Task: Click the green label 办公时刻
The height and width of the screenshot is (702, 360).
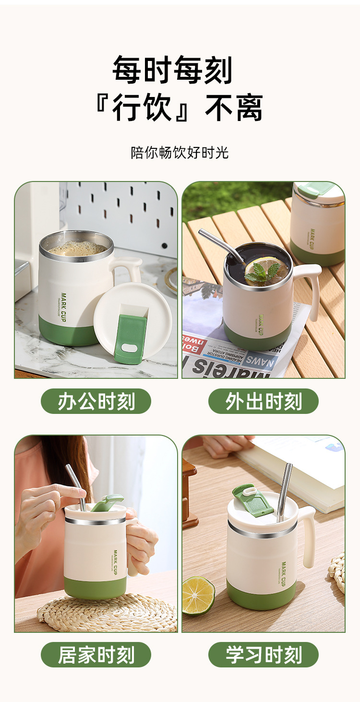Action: (x=96, y=401)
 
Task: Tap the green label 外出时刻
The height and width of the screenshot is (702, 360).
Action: (x=263, y=401)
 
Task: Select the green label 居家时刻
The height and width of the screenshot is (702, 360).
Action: (x=96, y=655)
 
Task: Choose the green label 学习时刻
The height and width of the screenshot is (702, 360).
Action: (x=263, y=655)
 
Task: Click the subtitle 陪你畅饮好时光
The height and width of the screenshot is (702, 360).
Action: (x=180, y=153)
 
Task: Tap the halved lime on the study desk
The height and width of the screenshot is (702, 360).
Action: (x=198, y=595)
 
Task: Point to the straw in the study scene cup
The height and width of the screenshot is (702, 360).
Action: (x=285, y=490)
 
